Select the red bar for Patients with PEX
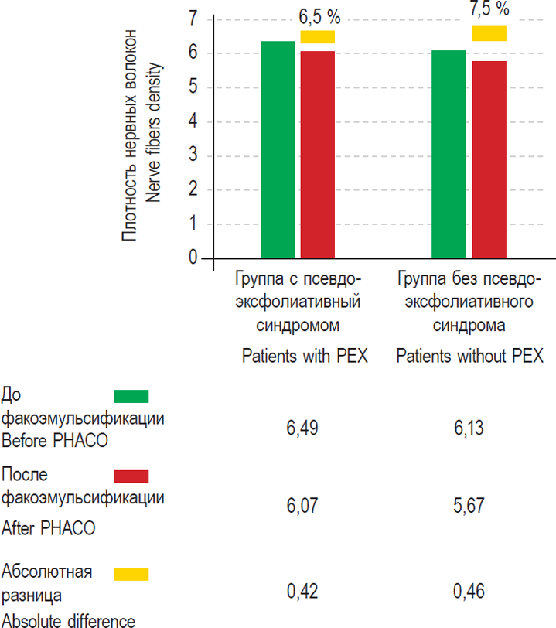318,155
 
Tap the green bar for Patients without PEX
449,154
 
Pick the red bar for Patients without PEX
489,159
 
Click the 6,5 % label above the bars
318,15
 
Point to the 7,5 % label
489,9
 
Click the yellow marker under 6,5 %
318,36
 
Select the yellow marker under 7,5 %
489,32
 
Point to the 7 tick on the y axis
193,19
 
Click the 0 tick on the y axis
193,258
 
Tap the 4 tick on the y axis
193,121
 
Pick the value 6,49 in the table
302,428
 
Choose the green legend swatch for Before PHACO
131,396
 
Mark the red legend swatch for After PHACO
131,475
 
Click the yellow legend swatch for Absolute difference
131,574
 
